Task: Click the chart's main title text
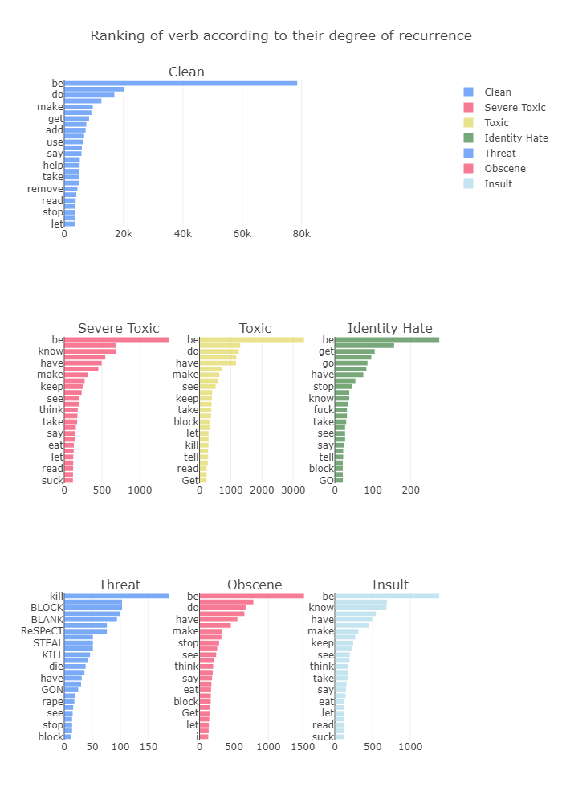[281, 36]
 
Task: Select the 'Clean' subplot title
[186, 72]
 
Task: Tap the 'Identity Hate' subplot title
[389, 328]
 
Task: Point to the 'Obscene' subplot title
[255, 585]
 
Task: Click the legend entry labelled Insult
[498, 184]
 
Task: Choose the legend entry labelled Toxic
[496, 123]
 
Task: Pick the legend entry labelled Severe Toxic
[515, 108]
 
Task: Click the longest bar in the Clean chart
[180, 83]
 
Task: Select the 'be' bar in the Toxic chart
[251, 339]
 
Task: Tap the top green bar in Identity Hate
[386, 339]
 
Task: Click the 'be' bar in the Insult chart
[386, 596]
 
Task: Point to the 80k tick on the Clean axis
[301, 234]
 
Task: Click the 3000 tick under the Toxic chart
[292, 490]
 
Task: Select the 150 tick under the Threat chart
[149, 747]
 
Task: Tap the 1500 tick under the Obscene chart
[303, 747]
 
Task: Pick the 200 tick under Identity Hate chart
[410, 490]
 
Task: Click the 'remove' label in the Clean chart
[45, 189]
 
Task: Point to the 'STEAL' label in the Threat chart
[47, 642]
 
